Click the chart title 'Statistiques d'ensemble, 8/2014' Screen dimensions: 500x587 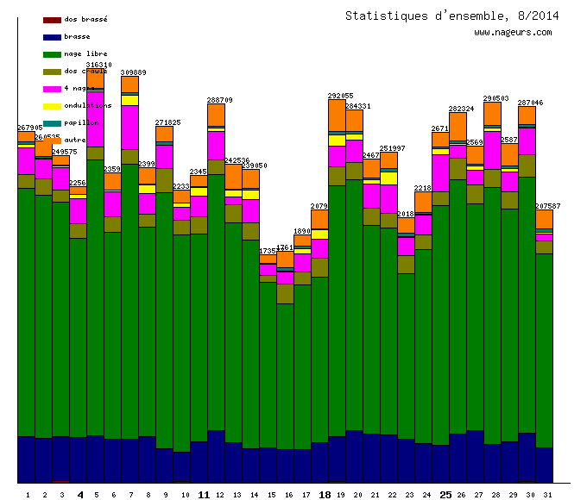coord(451,16)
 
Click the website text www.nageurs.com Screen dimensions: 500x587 coord(513,33)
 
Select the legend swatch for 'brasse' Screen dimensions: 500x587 coord(51,37)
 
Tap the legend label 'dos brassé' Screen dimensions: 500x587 coord(85,19)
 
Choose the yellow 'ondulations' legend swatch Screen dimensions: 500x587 coord(51,106)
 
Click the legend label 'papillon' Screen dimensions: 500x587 coord(81,122)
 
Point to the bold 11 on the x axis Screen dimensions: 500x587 coord(204,495)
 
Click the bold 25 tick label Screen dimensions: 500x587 coord(445,495)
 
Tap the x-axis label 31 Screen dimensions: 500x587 coord(544,495)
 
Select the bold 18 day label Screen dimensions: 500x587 coord(325,495)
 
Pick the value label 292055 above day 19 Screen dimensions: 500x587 coord(340,96)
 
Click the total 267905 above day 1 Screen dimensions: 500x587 coord(30,128)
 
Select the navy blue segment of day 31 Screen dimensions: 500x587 coord(544,465)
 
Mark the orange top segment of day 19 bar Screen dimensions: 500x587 coord(337,116)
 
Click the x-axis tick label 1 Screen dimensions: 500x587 coord(28,495)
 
